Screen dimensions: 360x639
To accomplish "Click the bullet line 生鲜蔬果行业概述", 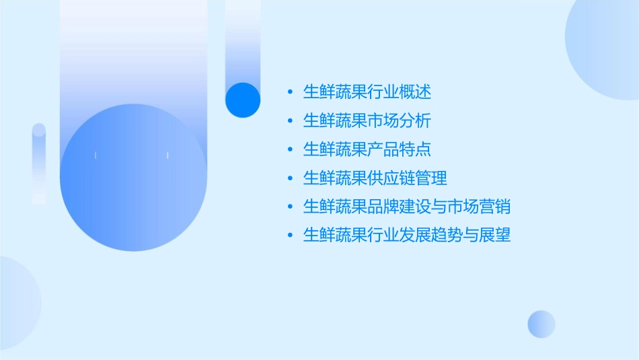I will (x=367, y=92).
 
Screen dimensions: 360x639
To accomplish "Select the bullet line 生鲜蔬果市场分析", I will (x=367, y=120).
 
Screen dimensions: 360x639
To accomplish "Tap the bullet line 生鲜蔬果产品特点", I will (x=367, y=149).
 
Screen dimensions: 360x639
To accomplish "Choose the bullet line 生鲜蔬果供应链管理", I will (x=375, y=178).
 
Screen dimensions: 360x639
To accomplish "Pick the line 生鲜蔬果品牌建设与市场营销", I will (x=407, y=207).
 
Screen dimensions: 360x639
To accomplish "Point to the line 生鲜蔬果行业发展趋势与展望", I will (x=407, y=236).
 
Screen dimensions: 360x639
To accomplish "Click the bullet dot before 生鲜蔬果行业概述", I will (x=290, y=92).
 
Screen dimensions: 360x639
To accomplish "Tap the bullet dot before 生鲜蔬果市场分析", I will (x=290, y=121).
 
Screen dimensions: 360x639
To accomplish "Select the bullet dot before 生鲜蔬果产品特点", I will (x=290, y=150).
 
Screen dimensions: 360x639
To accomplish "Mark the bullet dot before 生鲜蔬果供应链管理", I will (x=290, y=179).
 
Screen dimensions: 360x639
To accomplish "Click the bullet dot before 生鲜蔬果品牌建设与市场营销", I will (x=290, y=207).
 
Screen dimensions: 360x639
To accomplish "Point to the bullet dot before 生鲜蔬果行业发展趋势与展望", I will (x=290, y=236).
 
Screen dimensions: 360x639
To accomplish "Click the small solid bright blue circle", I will (x=243, y=100).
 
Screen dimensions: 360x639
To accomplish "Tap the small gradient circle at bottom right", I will (x=541, y=324).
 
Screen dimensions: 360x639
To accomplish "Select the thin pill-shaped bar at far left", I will (x=39, y=164).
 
